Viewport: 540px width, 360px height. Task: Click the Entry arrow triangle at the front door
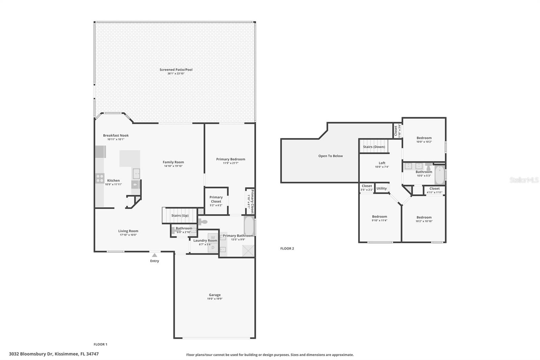click(154, 255)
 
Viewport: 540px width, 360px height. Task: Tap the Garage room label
click(215, 295)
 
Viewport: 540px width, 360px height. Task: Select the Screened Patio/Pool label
click(176, 70)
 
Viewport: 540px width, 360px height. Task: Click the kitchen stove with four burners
click(100, 178)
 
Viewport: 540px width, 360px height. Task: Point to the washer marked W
click(213, 237)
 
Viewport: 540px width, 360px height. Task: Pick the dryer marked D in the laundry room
click(213, 248)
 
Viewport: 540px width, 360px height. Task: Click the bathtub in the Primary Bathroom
click(249, 225)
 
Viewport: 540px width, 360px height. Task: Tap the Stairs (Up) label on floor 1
click(180, 215)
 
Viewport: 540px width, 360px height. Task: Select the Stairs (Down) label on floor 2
click(374, 147)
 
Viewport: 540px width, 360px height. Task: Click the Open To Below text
click(330, 156)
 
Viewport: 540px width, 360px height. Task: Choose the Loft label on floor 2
click(382, 163)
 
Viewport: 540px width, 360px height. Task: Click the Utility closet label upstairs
click(381, 188)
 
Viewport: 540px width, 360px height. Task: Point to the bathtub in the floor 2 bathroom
click(439, 175)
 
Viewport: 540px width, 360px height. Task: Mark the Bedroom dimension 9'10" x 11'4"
click(379, 221)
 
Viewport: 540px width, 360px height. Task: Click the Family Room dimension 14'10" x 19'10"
click(173, 166)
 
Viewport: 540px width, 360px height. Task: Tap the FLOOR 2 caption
click(287, 249)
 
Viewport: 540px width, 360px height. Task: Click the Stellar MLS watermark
click(524, 180)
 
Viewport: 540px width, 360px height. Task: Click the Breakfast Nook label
click(116, 135)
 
